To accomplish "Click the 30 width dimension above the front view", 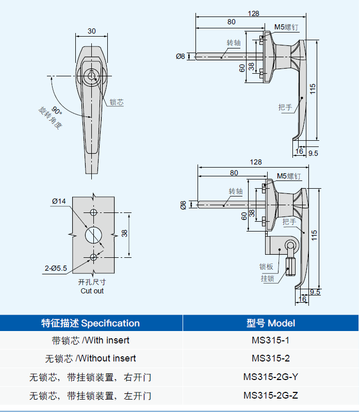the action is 91,31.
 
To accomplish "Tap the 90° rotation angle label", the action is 57,110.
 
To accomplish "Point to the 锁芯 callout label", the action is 117,102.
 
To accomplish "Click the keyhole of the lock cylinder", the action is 91,76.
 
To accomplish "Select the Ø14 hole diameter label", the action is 59,201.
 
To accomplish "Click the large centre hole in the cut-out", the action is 93,235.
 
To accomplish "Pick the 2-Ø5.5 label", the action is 56,268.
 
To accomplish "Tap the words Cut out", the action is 92,291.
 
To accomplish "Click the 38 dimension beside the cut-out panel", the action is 124,233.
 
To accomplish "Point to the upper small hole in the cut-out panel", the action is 93,212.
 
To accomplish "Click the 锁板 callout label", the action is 266,267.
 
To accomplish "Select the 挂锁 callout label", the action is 268,278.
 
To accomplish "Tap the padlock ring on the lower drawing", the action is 290,245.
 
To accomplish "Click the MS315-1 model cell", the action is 270,340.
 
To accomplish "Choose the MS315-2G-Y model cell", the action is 271,377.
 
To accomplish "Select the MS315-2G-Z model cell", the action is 271,395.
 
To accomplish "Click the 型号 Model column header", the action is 271,323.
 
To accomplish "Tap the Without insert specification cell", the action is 90,358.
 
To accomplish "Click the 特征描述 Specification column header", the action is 90,323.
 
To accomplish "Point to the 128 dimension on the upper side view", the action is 253,13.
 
